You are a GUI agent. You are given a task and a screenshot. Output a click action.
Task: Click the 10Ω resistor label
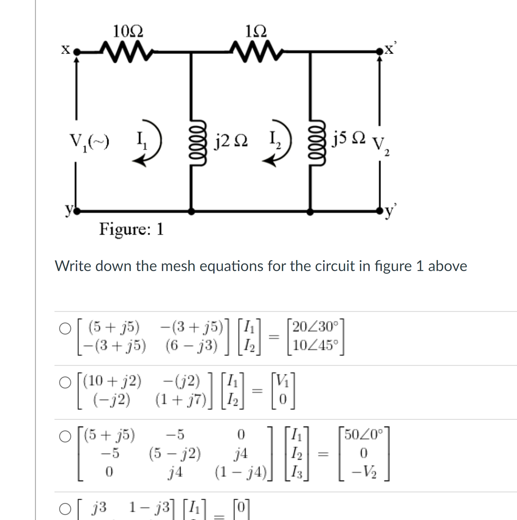click(128, 31)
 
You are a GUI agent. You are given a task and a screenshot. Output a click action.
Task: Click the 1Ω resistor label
click(256, 31)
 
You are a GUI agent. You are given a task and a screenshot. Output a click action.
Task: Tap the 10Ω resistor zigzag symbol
click(126, 52)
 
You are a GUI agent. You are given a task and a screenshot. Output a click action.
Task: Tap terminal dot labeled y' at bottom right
click(380, 211)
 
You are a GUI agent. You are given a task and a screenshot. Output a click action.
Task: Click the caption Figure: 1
click(131, 229)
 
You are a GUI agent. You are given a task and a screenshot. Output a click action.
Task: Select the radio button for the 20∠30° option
click(65, 328)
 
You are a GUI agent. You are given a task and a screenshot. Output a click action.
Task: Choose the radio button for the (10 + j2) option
click(65, 382)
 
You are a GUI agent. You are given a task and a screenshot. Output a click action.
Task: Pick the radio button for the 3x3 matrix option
click(65, 436)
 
